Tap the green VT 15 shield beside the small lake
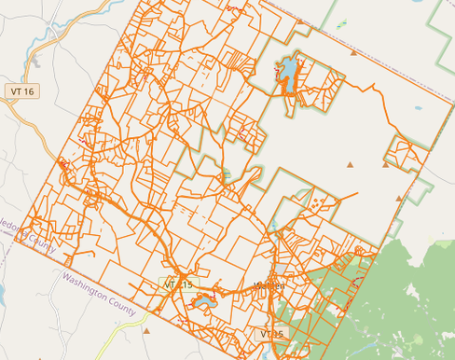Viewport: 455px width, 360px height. click(177, 284)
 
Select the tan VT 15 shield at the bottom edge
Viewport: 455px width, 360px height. click(272, 334)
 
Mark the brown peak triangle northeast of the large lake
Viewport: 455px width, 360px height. click(353, 54)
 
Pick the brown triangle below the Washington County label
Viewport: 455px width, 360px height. click(146, 329)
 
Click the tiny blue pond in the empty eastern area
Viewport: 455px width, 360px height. click(417, 108)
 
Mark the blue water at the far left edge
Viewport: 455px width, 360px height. click(2, 294)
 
